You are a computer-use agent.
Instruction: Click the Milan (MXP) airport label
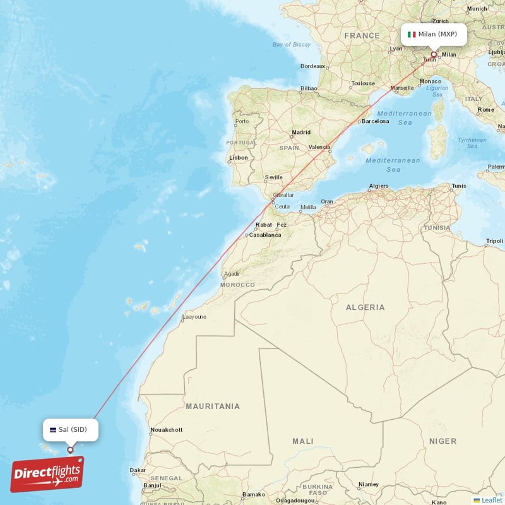pos(434,34)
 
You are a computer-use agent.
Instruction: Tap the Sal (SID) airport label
pos(70,429)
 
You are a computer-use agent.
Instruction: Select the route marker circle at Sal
pos(70,450)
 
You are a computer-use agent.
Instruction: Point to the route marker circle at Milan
pos(434,54)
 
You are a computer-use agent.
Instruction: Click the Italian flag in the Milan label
pos(412,34)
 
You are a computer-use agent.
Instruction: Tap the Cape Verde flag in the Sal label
pos(53,430)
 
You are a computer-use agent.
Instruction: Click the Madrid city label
pos(301,133)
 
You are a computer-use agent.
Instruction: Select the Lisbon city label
pos(239,158)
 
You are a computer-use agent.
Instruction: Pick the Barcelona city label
pos(375,121)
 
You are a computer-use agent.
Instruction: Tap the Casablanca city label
pos(265,234)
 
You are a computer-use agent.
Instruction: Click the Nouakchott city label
pos(166,430)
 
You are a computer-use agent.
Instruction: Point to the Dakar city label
pos(138,470)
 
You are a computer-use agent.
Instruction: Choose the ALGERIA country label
pos(365,307)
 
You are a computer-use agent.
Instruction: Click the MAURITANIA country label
pos(212,406)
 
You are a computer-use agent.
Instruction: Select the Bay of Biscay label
pos(291,44)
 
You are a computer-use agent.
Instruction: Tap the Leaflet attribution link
pos(491,500)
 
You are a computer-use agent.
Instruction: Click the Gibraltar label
pos(283,195)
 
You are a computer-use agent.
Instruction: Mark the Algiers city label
pos(379,186)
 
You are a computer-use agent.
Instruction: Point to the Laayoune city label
pos(194,317)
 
